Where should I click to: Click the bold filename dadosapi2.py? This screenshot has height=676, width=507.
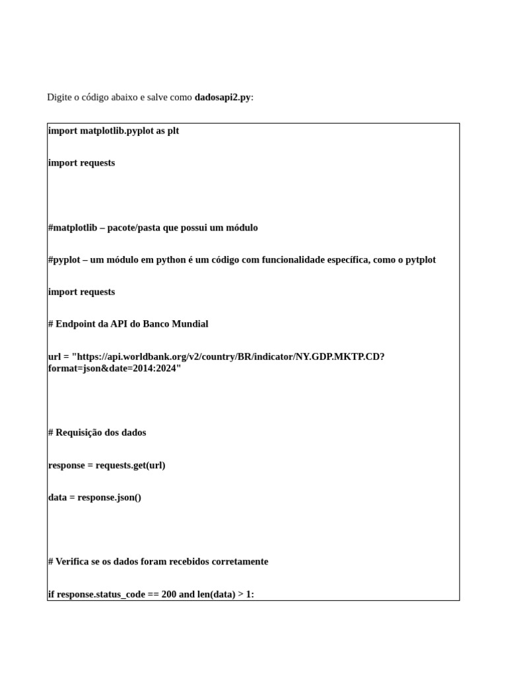click(x=222, y=98)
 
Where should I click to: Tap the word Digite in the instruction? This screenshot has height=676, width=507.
click(x=59, y=98)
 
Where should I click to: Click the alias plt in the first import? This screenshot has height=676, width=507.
click(x=172, y=131)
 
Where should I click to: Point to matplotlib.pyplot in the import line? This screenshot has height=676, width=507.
click(x=116, y=131)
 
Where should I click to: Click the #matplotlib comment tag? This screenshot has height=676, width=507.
click(x=73, y=228)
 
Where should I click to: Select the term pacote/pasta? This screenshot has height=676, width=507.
click(x=141, y=228)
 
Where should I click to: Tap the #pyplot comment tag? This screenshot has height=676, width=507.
click(x=64, y=260)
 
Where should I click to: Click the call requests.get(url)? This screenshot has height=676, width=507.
click(x=130, y=465)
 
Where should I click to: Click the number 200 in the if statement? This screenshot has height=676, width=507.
click(x=168, y=595)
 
